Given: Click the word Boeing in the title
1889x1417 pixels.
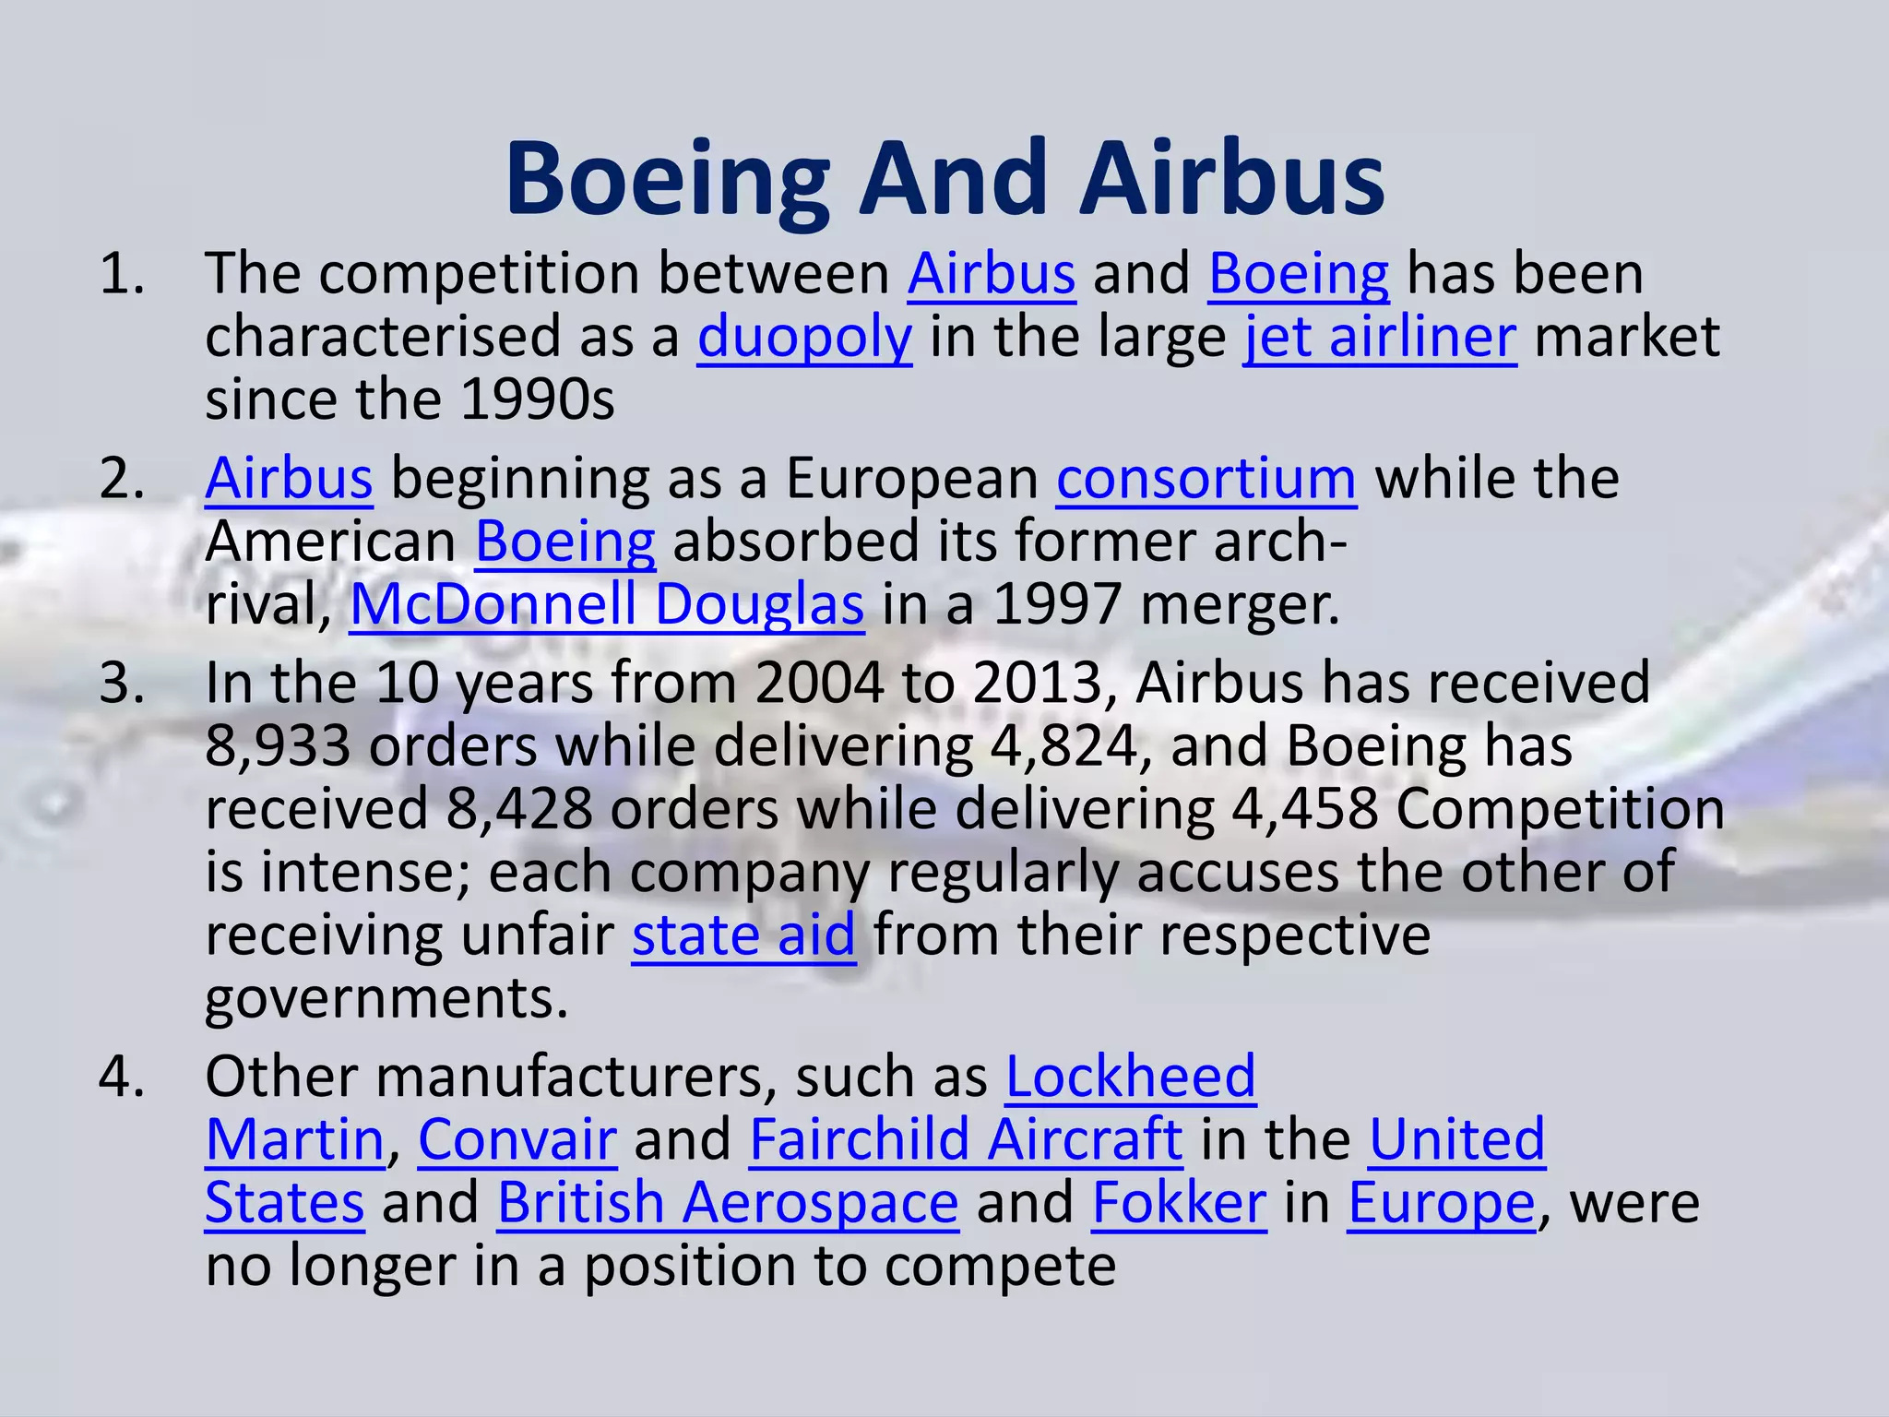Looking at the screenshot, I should click(x=667, y=180).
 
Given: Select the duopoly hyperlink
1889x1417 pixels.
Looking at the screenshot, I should click(x=804, y=337).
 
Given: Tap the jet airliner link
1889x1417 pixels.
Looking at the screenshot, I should click(x=1380, y=337).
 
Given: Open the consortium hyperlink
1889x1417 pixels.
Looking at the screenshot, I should click(x=1206, y=479).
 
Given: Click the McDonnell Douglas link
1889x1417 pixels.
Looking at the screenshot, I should click(x=607, y=605).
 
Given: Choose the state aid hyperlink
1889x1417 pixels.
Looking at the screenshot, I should click(x=743, y=935).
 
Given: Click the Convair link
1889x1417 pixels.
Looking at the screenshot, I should click(x=517, y=1139).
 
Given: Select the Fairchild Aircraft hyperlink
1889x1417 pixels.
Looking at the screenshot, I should click(x=966, y=1139).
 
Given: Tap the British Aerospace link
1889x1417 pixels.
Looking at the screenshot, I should click(x=728, y=1203).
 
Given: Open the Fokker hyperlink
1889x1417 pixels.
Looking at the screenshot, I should click(x=1179, y=1203).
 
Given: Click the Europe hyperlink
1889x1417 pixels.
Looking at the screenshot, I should click(x=1442, y=1203).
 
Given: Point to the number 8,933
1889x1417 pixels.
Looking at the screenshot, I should click(x=278, y=746).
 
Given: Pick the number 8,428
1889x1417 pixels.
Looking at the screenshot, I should click(x=519, y=809).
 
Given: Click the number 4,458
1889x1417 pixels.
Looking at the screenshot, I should click(x=1305, y=809).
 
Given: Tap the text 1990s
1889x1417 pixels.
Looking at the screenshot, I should click(x=537, y=400).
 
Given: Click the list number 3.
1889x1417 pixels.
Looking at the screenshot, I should click(x=122, y=684).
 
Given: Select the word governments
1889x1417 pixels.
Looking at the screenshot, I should click(x=386, y=998).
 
